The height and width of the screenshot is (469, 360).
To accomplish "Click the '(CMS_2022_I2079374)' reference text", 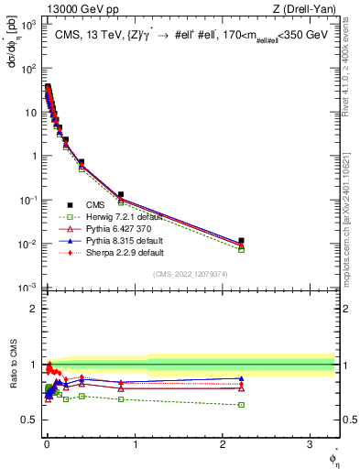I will point(191,274).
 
